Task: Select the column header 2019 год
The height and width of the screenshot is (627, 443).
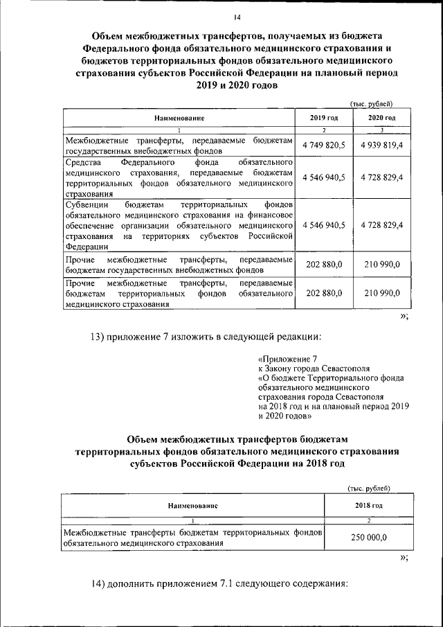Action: tap(324, 118)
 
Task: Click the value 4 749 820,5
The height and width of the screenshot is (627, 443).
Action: tap(324, 145)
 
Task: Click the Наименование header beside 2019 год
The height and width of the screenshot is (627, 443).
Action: tap(179, 118)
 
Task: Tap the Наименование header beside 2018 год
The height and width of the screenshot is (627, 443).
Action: tap(193, 506)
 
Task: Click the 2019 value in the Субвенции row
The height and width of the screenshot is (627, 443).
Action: tap(324, 224)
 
